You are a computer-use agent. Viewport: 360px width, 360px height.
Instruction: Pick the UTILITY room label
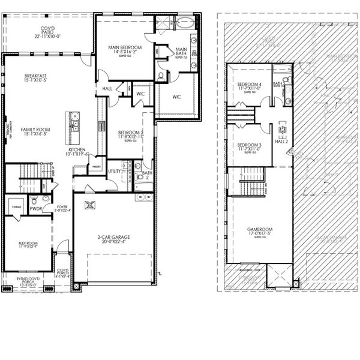114,171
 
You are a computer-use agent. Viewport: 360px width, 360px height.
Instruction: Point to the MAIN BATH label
181,52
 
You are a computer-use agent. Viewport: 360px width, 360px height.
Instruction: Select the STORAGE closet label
17,208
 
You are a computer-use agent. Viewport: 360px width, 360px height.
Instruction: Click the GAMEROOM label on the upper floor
260,230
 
